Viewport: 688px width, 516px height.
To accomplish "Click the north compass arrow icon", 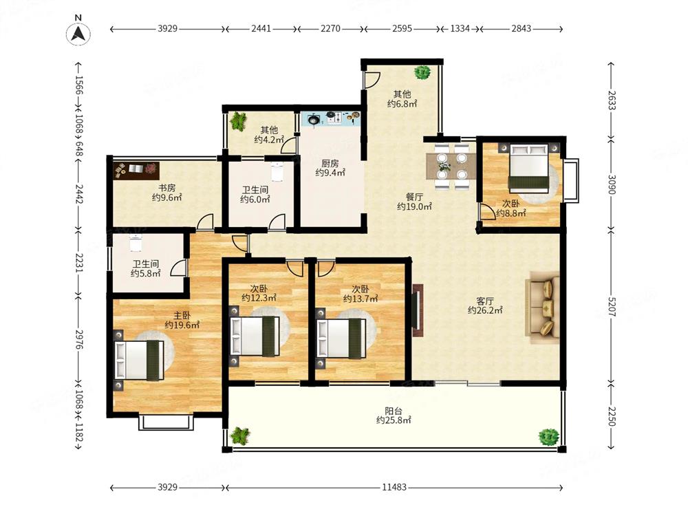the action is pyautogui.click(x=78, y=33).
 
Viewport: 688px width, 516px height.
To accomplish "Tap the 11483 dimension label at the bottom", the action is pyautogui.click(x=394, y=487).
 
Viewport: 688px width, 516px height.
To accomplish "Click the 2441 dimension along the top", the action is pyautogui.click(x=261, y=28).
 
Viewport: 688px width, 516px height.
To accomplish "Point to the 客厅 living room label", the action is pyautogui.click(x=485, y=301).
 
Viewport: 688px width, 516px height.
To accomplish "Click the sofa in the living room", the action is pyautogui.click(x=544, y=307).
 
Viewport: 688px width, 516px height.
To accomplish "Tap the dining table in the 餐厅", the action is pyautogui.click(x=451, y=166).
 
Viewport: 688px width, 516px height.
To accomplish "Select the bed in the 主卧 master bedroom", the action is pyautogui.click(x=139, y=361).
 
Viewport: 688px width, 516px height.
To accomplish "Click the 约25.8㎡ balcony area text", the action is pyautogui.click(x=394, y=420).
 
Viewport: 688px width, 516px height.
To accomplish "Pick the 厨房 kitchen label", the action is pyautogui.click(x=330, y=163).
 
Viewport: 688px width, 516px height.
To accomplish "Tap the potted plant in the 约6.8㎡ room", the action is pyautogui.click(x=422, y=72).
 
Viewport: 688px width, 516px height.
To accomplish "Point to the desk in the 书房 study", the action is pyautogui.click(x=136, y=170).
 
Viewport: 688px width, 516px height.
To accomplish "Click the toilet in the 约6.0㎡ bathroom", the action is pyautogui.click(x=277, y=171).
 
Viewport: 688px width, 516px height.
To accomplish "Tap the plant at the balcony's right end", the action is pyautogui.click(x=548, y=437).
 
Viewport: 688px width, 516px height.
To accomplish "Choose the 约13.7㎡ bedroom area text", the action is pyautogui.click(x=361, y=299).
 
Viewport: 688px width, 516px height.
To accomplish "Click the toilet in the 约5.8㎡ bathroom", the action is pyautogui.click(x=136, y=243).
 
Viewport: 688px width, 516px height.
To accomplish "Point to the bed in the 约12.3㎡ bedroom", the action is pyautogui.click(x=255, y=336).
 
